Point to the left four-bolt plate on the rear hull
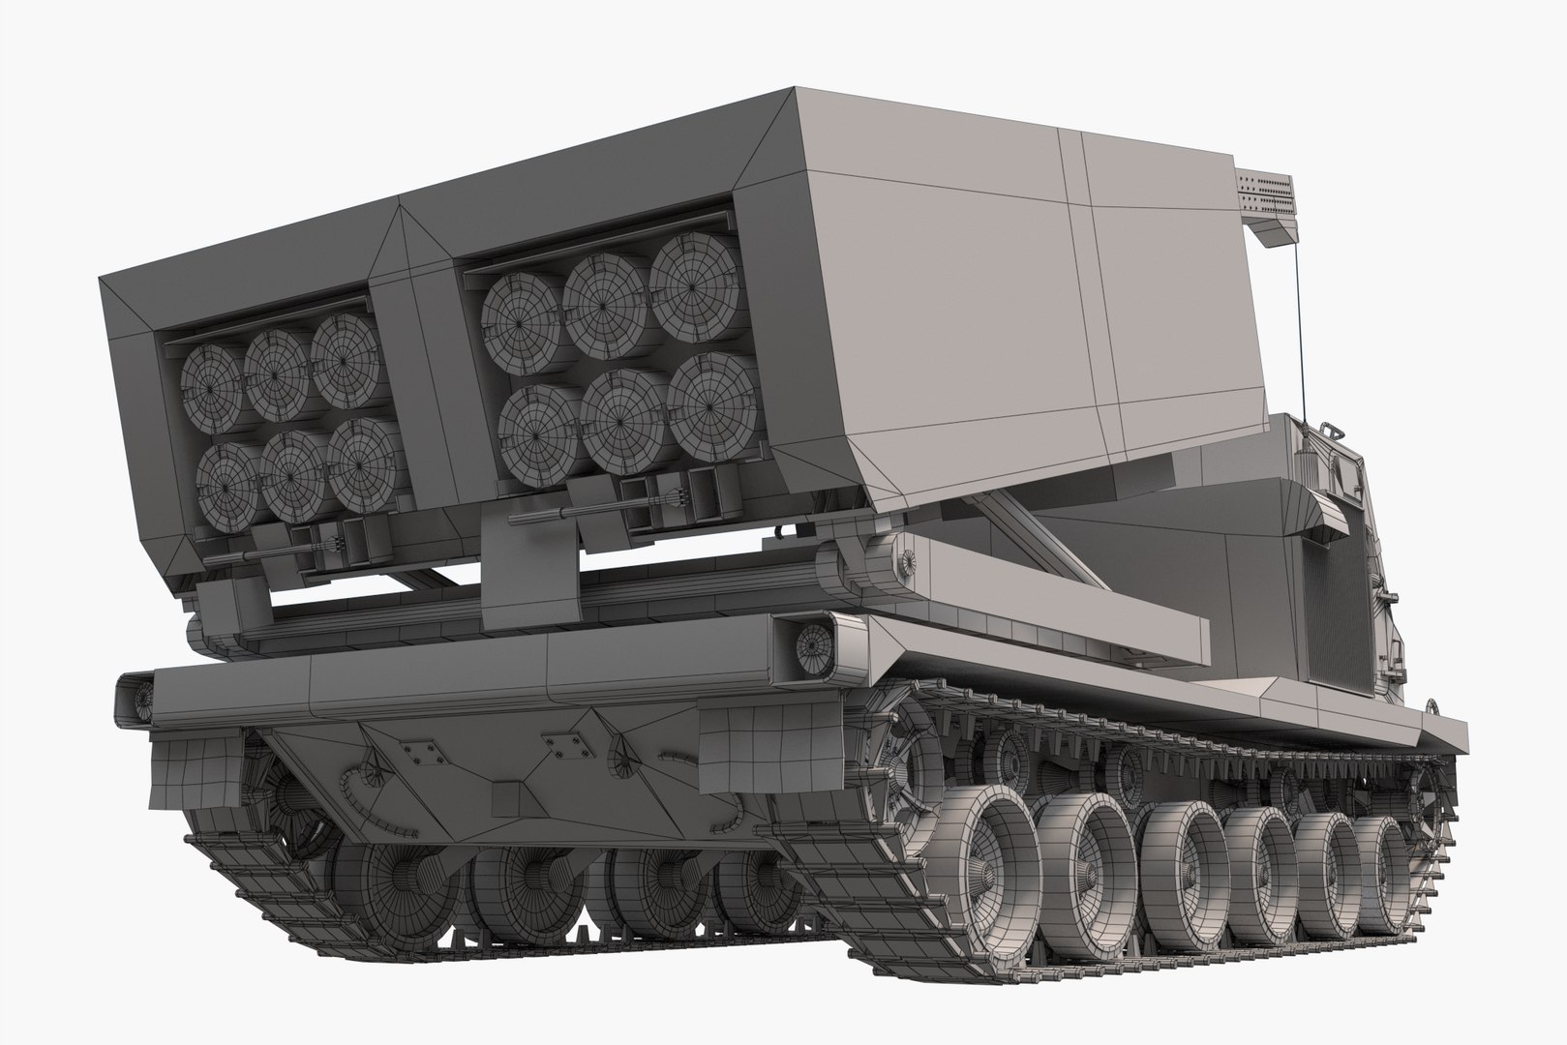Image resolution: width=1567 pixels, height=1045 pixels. [x=419, y=750]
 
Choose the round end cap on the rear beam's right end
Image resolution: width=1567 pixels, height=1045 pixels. [x=816, y=642]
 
